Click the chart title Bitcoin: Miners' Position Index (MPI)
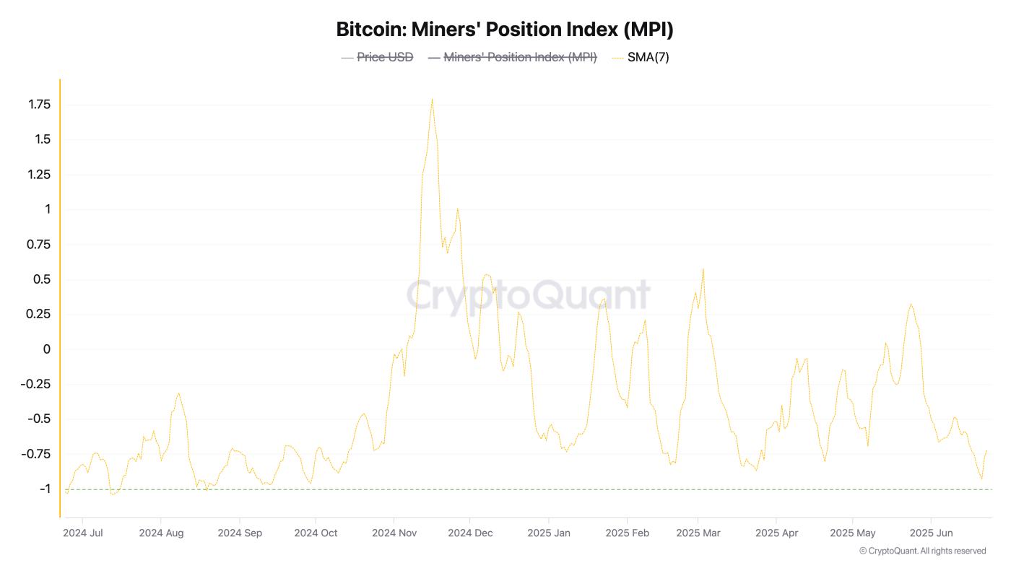pos(505,30)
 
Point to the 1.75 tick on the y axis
pos(39,105)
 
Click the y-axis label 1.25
pos(39,175)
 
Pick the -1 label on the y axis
pos(44,489)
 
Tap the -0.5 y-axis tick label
pos(39,419)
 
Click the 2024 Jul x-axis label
pos(83,533)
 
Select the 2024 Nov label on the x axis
pos(394,533)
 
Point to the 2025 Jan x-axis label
pos(549,533)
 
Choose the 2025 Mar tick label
pos(698,533)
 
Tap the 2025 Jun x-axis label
pos(931,533)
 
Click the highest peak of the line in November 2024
pos(432,99)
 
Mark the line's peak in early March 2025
pos(703,269)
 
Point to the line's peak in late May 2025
pos(911,304)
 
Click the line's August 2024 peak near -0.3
pos(178,393)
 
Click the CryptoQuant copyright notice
pos(922,551)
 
